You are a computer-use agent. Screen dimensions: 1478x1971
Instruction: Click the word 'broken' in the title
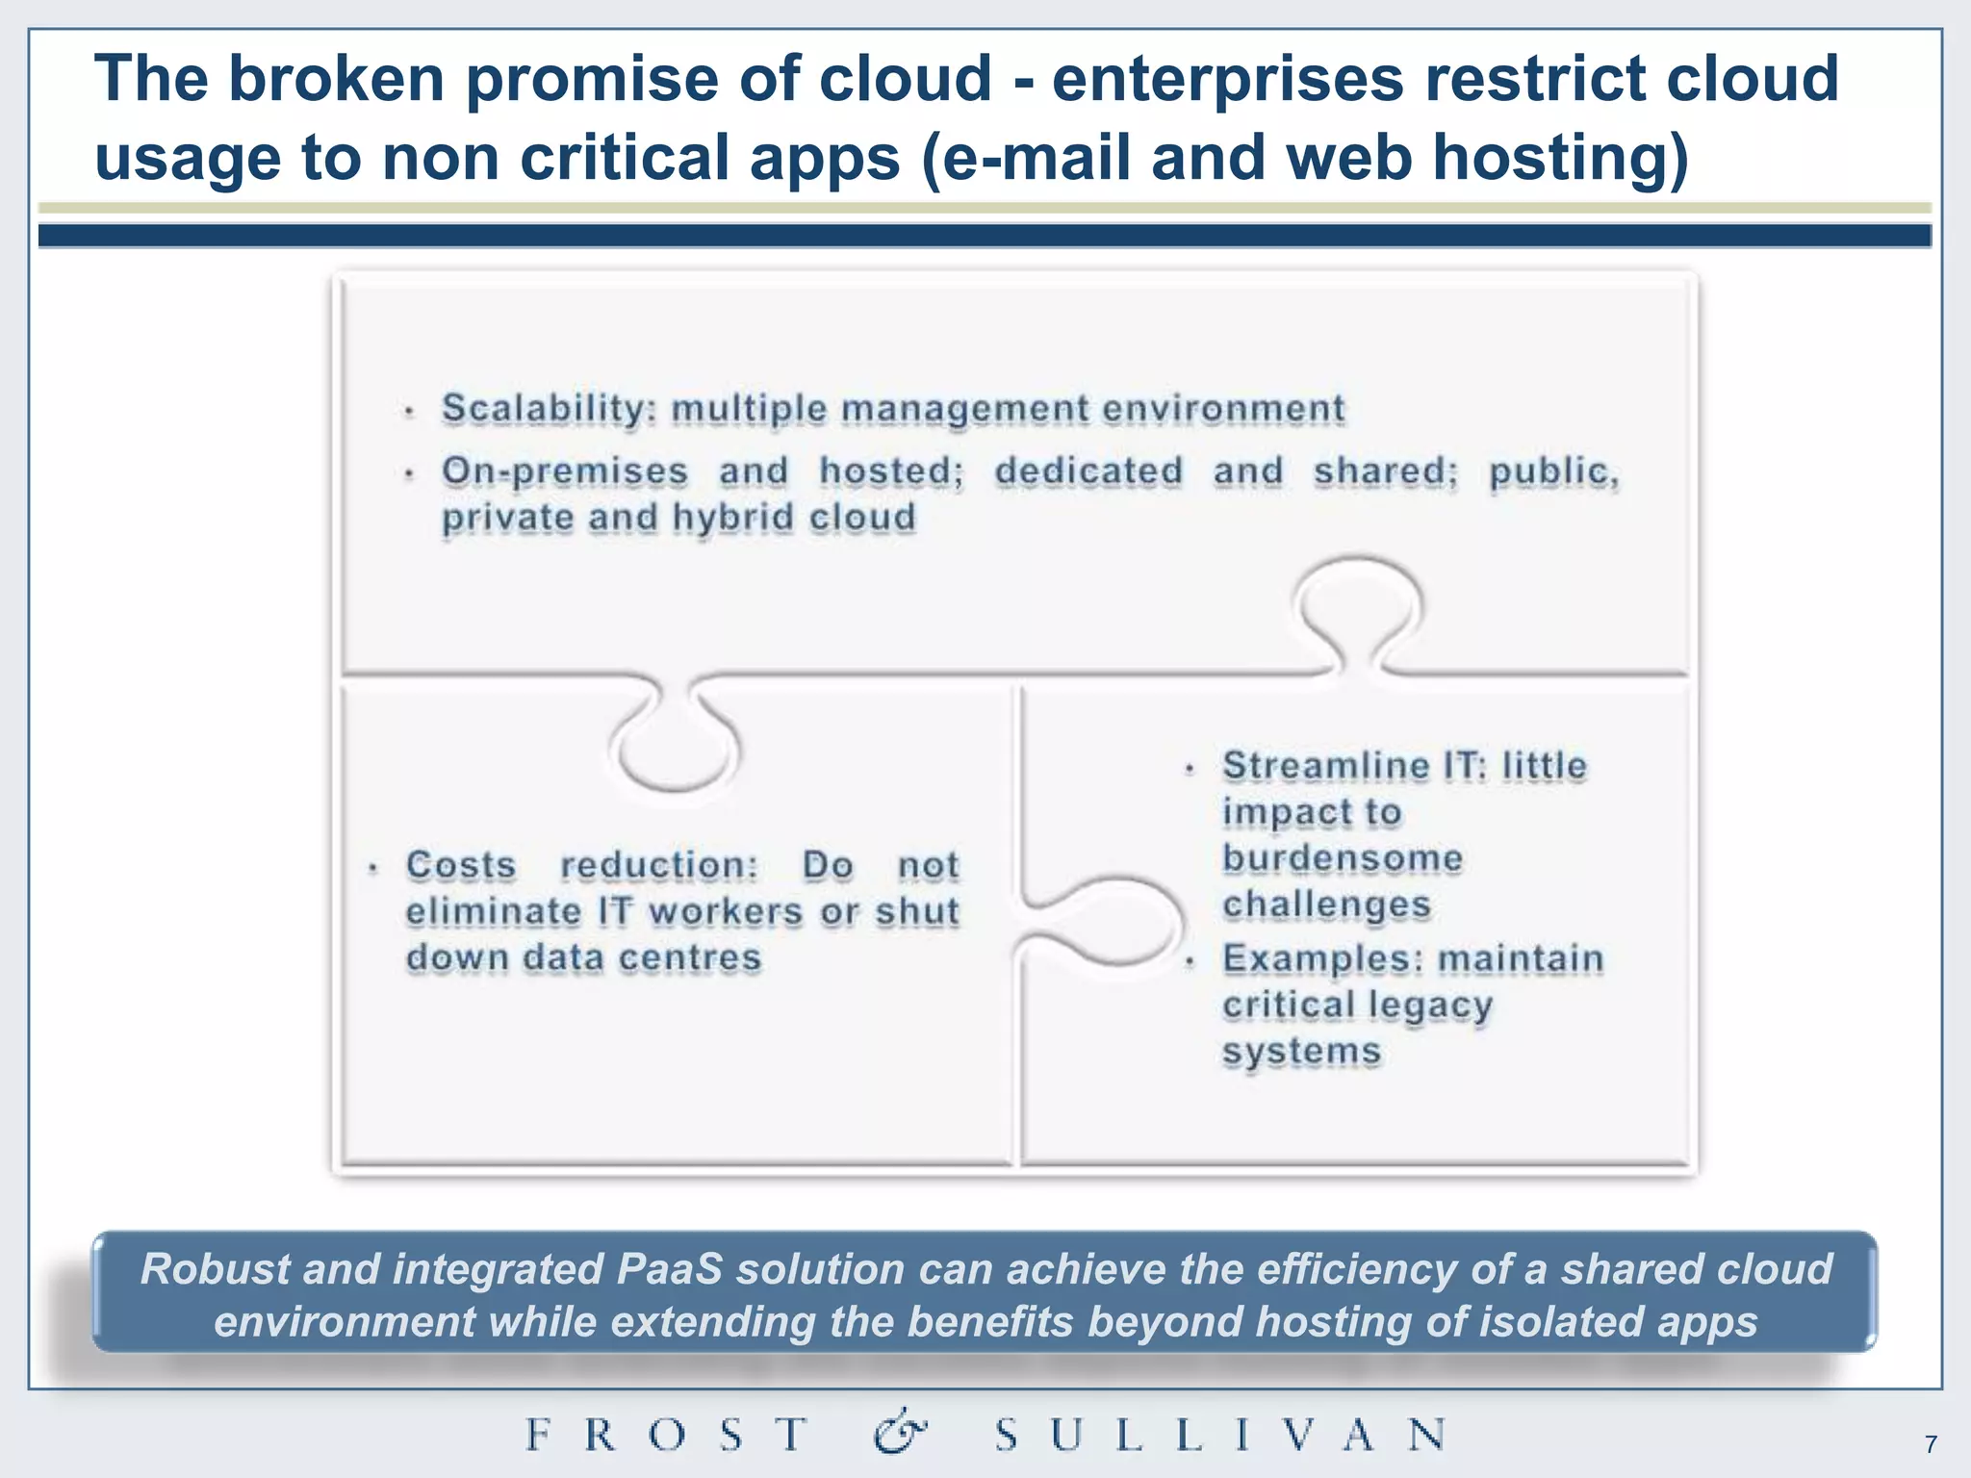[x=336, y=79]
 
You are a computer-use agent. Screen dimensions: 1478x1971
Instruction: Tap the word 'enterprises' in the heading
[x=1228, y=79]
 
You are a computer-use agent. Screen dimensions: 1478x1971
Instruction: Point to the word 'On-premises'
[x=565, y=471]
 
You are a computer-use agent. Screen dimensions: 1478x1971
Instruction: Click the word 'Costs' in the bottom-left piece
[x=461, y=865]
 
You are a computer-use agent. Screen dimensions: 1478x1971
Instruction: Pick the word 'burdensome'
[x=1343, y=858]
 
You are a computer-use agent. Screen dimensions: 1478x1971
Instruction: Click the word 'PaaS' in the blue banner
[x=669, y=1269]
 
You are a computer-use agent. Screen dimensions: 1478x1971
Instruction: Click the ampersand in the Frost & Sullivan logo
[x=900, y=1434]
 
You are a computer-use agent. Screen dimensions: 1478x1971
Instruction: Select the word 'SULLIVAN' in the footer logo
[x=1220, y=1435]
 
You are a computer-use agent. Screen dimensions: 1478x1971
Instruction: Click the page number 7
[x=1930, y=1444]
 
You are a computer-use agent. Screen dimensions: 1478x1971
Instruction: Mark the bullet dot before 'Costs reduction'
[x=373, y=869]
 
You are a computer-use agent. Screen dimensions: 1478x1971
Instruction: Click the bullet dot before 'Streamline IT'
[x=1190, y=769]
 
